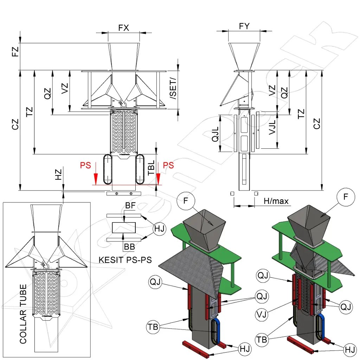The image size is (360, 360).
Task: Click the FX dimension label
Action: point(123,28)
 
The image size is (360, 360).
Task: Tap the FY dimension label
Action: point(244,26)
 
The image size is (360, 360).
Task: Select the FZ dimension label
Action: point(15,52)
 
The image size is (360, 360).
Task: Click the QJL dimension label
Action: point(216,134)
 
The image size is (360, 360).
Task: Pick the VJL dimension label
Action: point(272,132)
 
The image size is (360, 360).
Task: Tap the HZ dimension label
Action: point(58,174)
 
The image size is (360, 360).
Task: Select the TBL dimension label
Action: point(151,168)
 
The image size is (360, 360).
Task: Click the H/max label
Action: point(276,201)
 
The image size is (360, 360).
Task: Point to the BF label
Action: point(130,206)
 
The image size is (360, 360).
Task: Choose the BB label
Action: point(129,247)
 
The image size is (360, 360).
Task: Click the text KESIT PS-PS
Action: point(125,260)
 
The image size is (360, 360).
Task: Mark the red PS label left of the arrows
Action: point(85,165)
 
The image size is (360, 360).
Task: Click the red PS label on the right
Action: point(169,165)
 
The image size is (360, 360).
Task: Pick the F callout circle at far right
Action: point(346,197)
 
